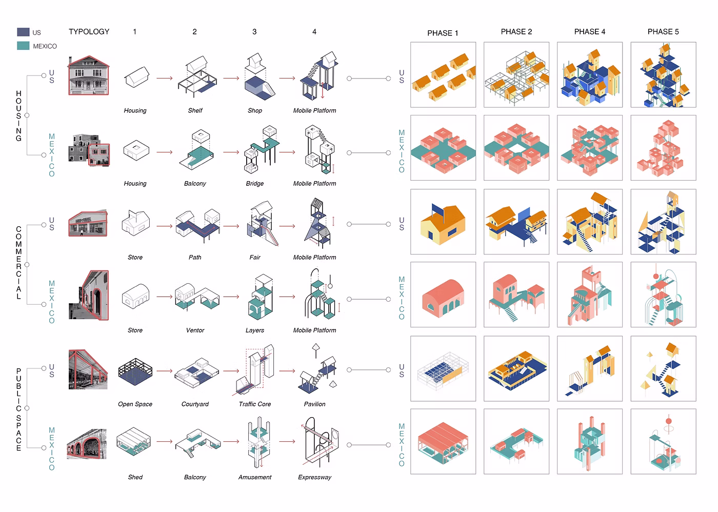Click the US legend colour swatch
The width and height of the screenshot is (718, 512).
point(23,32)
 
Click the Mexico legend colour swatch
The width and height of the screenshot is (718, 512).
point(23,46)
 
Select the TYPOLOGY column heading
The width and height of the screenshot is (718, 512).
point(89,32)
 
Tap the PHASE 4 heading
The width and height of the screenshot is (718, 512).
point(590,32)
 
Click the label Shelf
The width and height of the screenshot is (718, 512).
point(195,110)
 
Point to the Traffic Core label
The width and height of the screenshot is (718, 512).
point(255,404)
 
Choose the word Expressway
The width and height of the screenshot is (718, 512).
point(314,477)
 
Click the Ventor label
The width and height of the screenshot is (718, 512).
point(195,330)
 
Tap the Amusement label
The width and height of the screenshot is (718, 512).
point(255,477)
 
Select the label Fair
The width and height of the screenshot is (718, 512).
point(255,257)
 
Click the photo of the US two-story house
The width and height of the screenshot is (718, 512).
point(89,75)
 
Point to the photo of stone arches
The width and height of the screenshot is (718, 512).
point(87,444)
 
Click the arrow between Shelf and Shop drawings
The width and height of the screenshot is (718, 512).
point(231,78)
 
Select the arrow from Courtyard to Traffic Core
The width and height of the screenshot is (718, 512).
point(231,371)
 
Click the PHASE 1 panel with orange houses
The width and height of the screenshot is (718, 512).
point(443,75)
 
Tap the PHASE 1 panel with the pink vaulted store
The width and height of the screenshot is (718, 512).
point(443,294)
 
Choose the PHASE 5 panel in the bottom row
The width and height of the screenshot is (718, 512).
point(663,441)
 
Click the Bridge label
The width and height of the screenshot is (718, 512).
point(255,183)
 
